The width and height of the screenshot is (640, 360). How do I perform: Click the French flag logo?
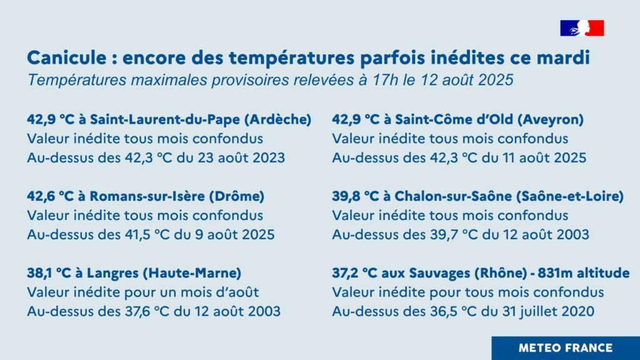[x=582, y=28]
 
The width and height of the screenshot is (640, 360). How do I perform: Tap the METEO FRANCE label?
[x=565, y=347]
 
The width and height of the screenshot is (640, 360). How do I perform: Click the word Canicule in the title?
[x=66, y=57]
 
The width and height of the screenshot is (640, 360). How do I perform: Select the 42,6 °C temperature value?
[x=50, y=196]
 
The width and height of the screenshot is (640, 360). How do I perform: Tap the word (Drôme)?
[x=237, y=196]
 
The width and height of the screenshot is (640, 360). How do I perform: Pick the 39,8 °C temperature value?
[x=356, y=196]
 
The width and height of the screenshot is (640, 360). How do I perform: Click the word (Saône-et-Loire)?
[x=570, y=196]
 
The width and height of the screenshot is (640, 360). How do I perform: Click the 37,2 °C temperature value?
[x=354, y=272]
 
